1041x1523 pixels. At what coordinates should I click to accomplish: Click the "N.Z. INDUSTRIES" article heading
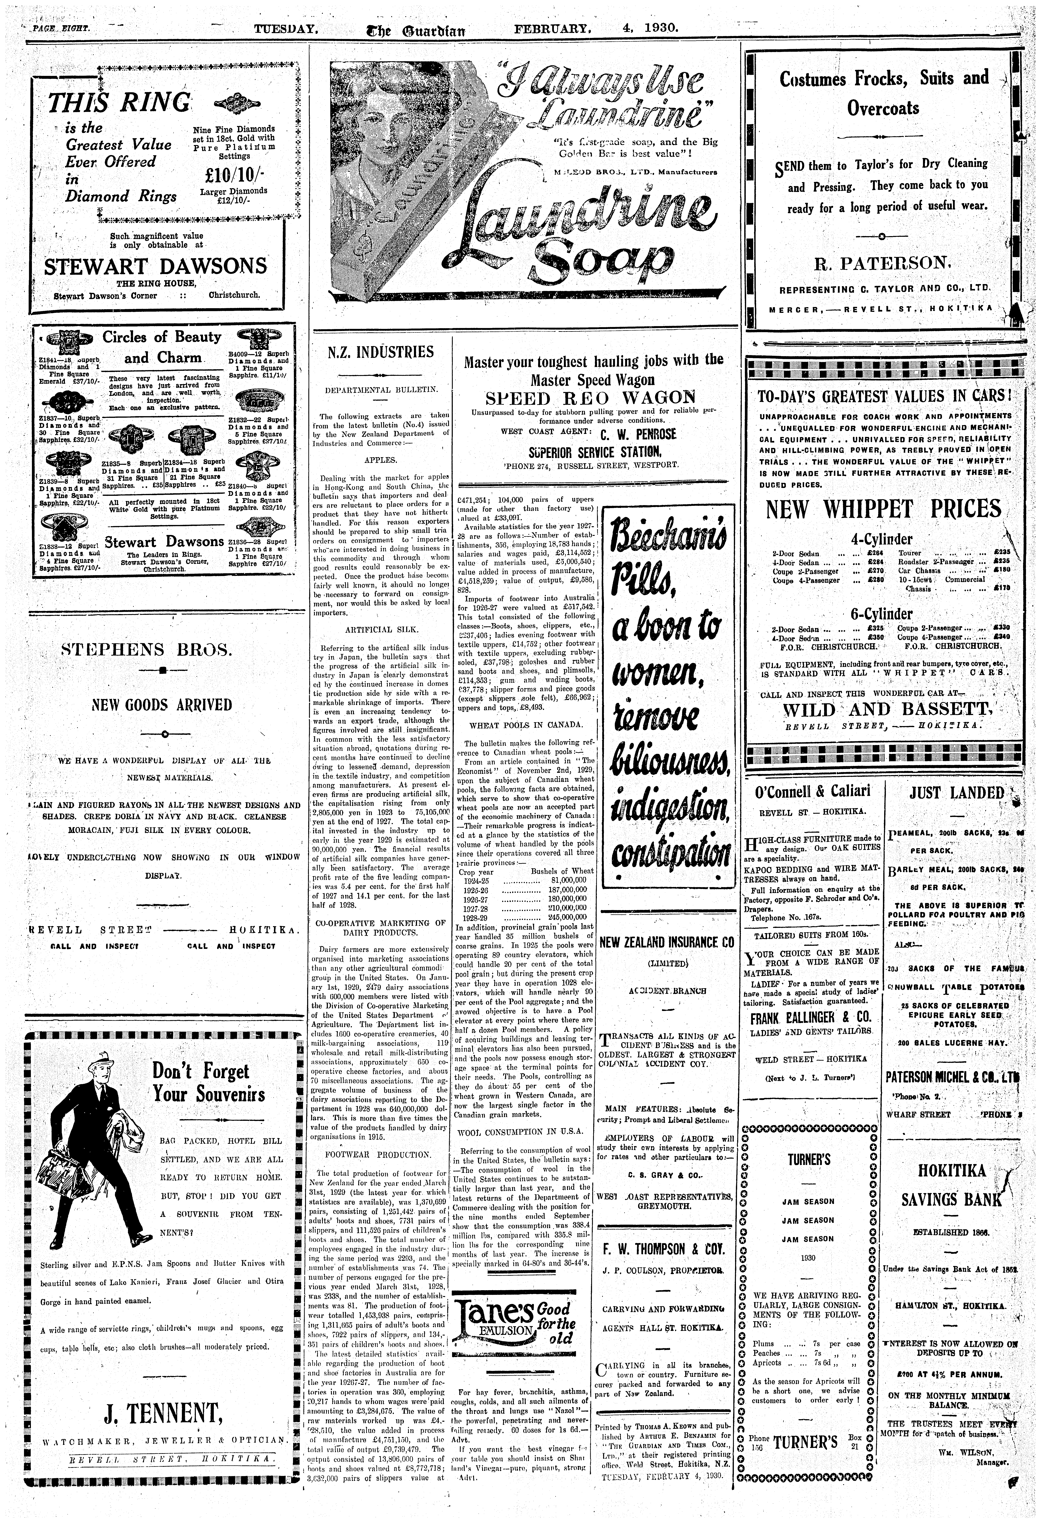[x=380, y=353]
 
